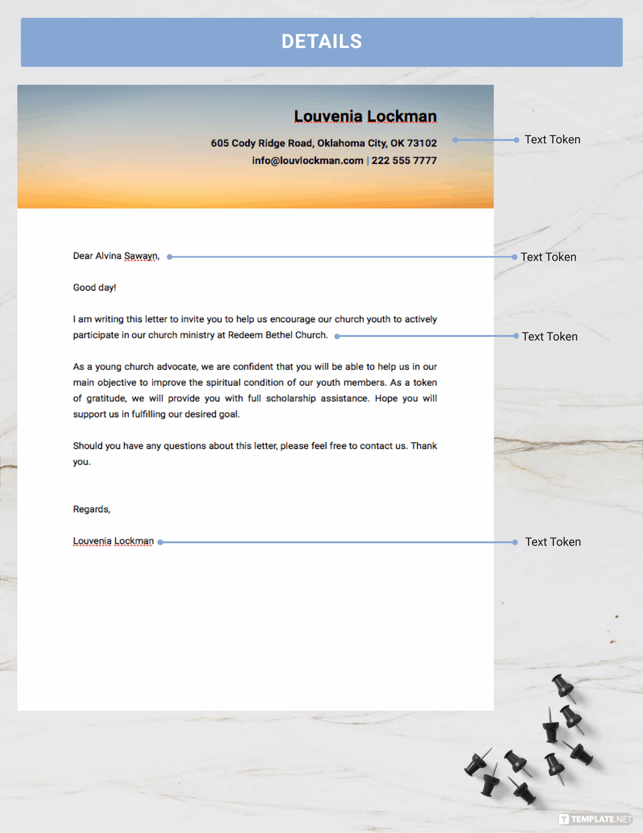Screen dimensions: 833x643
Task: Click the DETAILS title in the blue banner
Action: point(321,42)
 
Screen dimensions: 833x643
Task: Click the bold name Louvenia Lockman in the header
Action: point(365,116)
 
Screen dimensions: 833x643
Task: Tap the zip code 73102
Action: point(422,143)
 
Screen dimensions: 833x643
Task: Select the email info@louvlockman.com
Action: point(308,160)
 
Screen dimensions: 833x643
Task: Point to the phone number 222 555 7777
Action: point(404,160)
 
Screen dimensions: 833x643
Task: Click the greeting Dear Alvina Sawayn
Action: point(116,256)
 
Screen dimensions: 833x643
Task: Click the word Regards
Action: point(91,509)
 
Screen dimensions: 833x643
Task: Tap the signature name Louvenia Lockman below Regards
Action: point(113,541)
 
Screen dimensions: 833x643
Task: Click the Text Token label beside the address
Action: point(552,140)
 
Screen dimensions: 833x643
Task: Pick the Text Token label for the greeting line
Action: point(548,257)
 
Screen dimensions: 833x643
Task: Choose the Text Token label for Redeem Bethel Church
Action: point(550,336)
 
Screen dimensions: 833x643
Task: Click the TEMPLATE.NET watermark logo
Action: point(595,818)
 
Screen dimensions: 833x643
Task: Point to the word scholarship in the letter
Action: point(291,398)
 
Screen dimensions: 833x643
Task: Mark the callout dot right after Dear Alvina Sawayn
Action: point(170,257)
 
